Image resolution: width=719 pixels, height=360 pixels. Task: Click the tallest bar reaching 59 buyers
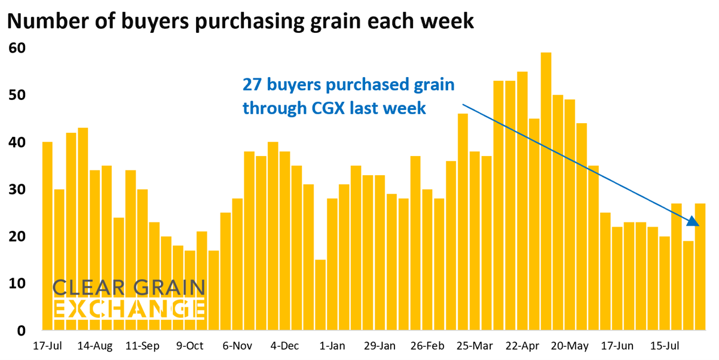[546, 191]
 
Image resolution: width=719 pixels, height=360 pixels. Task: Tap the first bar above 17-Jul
[47, 236]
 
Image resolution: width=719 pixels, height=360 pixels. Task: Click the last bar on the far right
[700, 267]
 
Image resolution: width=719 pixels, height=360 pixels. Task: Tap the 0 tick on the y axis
[22, 331]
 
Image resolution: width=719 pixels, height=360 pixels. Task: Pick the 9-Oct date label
[190, 346]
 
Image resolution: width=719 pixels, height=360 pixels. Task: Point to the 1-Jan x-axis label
[332, 346]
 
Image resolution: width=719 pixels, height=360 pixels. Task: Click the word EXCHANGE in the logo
[129, 309]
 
